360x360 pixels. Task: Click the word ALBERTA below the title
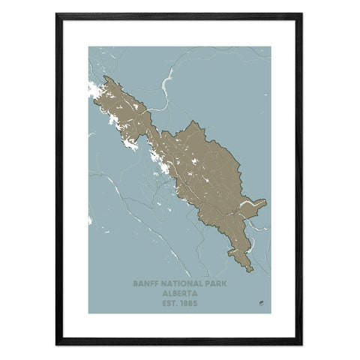(x=179, y=294)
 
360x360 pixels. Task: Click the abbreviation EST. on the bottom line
(x=168, y=303)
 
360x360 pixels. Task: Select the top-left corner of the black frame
(x=57, y=13)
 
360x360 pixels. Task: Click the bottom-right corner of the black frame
(x=301, y=346)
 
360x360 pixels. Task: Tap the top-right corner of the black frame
(x=301, y=13)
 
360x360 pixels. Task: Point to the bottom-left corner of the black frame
(x=57, y=346)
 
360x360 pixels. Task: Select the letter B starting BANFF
(x=135, y=285)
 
